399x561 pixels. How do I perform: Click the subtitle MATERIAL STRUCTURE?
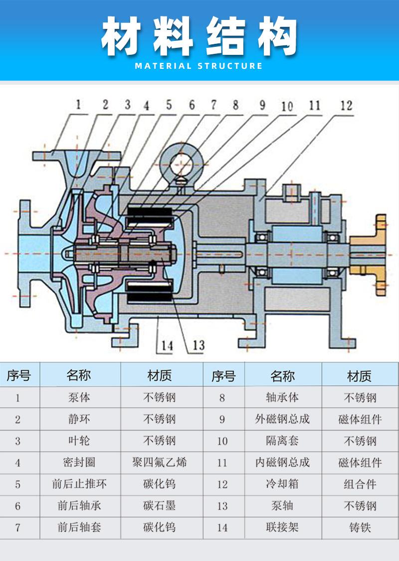tap(199, 66)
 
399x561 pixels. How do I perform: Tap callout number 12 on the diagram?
tap(346, 105)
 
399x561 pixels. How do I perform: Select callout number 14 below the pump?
tap(167, 345)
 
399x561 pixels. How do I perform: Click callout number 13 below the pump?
tap(198, 345)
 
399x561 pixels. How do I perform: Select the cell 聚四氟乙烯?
tap(162, 462)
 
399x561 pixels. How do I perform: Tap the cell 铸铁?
tap(360, 527)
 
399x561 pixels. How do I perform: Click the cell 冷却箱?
tap(283, 484)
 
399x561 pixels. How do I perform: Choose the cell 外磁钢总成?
tap(283, 419)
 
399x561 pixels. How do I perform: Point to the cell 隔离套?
tap(283, 441)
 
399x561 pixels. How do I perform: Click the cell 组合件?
tap(360, 484)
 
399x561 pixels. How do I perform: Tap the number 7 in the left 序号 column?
tap(18, 527)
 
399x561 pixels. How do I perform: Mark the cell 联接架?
tap(283, 527)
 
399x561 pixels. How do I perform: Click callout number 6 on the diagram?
tap(191, 105)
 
